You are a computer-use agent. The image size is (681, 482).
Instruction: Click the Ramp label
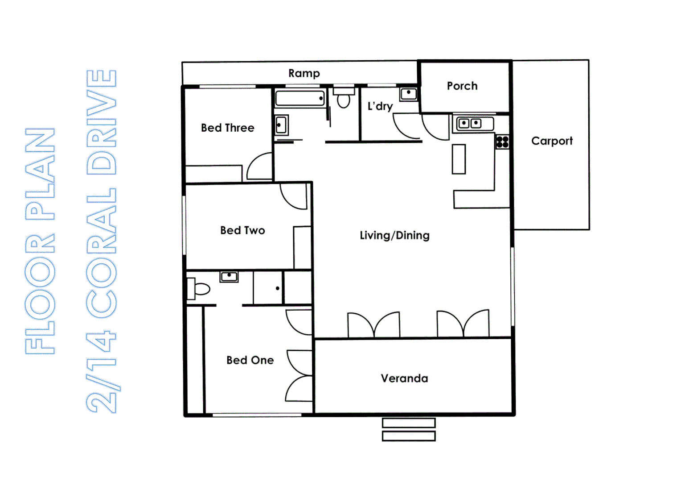[x=304, y=73]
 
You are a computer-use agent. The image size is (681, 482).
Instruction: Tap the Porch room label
[x=462, y=86]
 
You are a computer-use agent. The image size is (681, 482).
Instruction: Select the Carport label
[x=552, y=141]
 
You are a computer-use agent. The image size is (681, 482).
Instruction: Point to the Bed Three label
[x=227, y=128]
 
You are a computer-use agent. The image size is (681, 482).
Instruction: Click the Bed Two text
[x=242, y=230]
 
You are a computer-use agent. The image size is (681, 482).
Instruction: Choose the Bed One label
[x=250, y=360]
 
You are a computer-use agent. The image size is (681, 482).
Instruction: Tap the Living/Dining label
[x=394, y=235]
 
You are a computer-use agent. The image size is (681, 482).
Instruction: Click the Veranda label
[x=404, y=378]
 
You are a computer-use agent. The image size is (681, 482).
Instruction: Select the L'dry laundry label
[x=380, y=106]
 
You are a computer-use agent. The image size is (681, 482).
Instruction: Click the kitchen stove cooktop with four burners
[x=502, y=142]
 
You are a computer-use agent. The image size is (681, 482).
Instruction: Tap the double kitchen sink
[x=470, y=123]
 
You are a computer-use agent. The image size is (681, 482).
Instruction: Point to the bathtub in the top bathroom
[x=300, y=98]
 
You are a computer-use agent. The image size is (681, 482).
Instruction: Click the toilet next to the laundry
[x=344, y=99]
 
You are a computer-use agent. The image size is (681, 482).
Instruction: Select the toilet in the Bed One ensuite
[x=199, y=289]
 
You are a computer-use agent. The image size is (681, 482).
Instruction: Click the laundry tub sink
[x=408, y=93]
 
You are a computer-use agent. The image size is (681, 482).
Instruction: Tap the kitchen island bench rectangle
[x=459, y=159]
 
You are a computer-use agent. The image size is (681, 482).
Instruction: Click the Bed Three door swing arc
[x=260, y=166]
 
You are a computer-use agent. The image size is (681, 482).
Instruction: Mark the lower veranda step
[x=408, y=436]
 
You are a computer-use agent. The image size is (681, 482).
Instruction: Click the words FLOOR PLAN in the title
[x=40, y=241]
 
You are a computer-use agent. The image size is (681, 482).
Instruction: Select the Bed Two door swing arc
[x=293, y=196]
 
